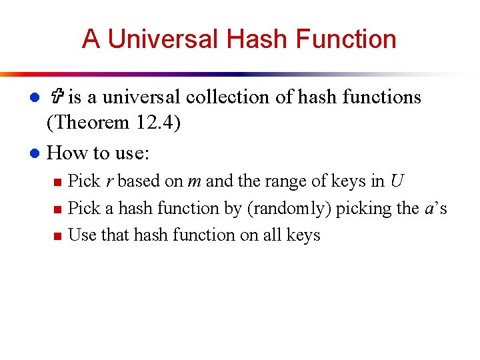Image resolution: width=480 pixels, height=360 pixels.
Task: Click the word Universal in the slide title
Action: [x=163, y=39]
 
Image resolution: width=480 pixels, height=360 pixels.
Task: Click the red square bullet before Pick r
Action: [x=57, y=182]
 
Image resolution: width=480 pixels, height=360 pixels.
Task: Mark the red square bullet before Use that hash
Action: [x=57, y=236]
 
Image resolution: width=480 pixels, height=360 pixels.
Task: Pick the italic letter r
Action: [x=109, y=181]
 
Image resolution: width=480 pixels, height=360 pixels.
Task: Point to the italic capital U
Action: [x=397, y=181]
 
